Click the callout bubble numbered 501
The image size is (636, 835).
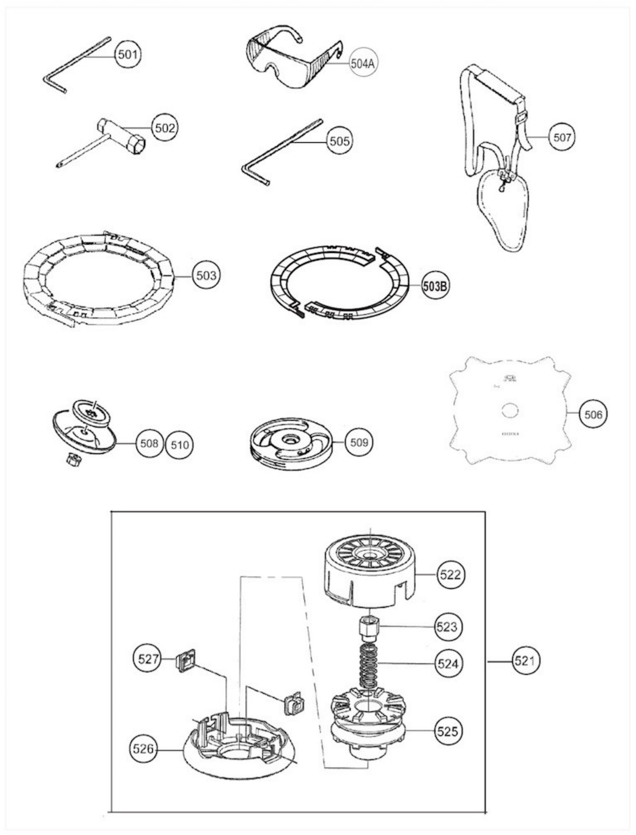coord(128,55)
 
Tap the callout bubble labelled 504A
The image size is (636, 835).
coord(363,64)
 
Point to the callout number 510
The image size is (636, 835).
coord(179,444)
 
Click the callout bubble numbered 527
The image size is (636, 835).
coord(148,659)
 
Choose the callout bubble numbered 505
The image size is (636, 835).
coord(340,141)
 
